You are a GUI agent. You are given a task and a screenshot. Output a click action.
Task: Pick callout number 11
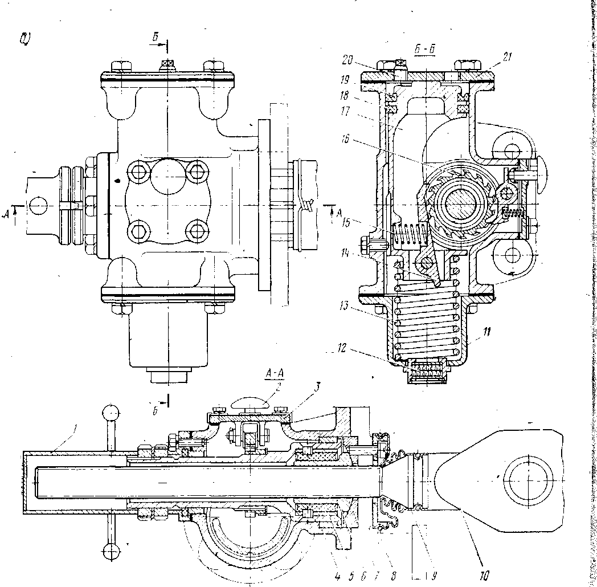[x=472, y=330]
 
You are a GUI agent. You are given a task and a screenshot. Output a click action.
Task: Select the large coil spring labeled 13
[x=427, y=325]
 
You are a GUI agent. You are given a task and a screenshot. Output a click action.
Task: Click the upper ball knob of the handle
[x=111, y=411]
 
